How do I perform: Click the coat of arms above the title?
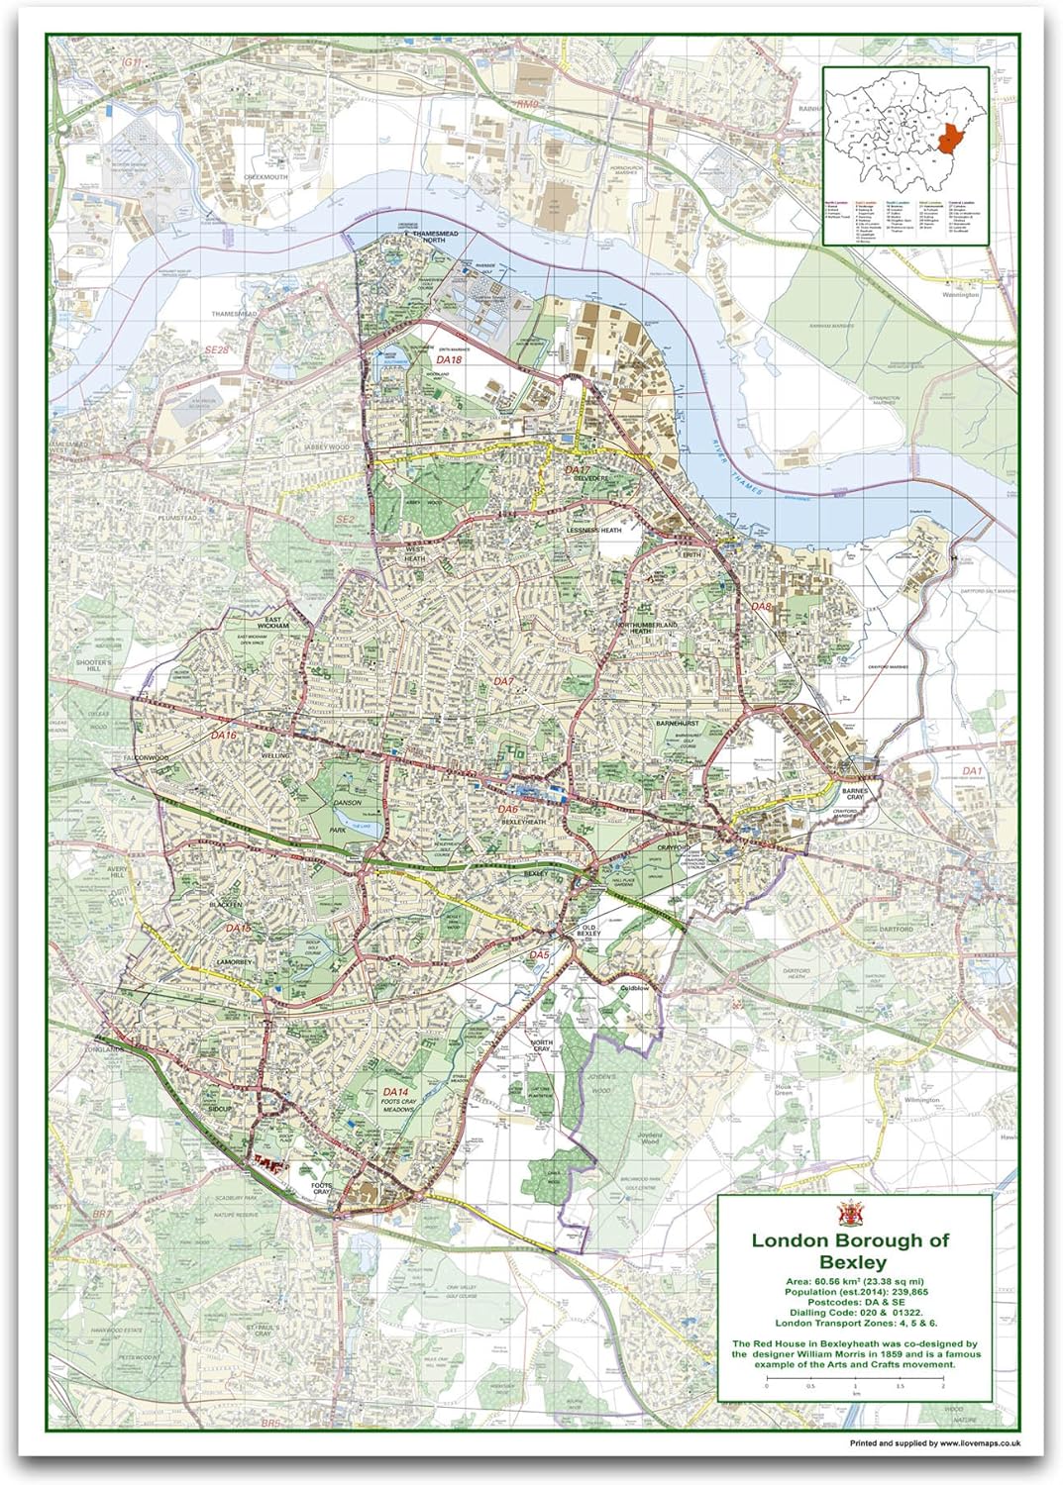(849, 1214)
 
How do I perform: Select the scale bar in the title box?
(854, 1379)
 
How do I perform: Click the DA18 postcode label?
(448, 360)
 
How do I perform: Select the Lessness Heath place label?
(594, 531)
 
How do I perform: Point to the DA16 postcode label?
(223, 737)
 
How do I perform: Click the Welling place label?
(275, 755)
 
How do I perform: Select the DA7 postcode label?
(503, 681)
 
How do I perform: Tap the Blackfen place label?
(226, 904)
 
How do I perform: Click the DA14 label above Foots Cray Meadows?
(395, 1092)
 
